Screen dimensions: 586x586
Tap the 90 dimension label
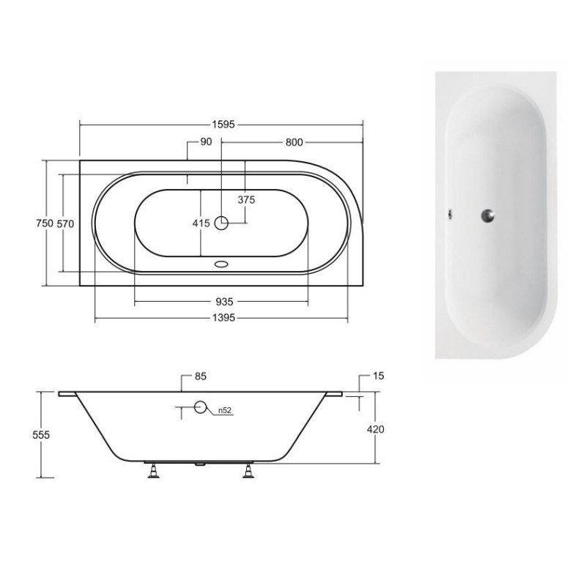point(205,142)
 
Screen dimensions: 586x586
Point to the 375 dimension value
point(245,199)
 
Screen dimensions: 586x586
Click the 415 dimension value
point(201,223)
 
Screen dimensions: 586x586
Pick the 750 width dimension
point(42,223)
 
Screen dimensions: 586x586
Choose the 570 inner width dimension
point(66,223)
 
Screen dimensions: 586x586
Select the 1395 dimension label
point(224,318)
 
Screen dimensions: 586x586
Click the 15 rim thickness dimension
point(379,377)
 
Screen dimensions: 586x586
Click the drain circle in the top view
point(222,223)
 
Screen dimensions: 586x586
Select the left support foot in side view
point(153,471)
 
